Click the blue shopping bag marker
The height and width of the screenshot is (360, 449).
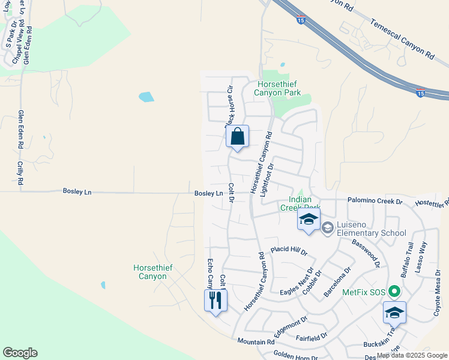pos(238,136)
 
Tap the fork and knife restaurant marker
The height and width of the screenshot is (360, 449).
pos(216,299)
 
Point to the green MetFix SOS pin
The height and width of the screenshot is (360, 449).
pos(394,292)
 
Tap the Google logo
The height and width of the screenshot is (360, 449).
pos(20,353)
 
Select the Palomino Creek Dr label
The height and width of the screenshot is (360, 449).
pos(375,201)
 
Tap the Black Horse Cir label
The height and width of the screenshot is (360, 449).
pos(229,106)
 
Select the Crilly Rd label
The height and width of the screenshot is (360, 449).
pos(20,172)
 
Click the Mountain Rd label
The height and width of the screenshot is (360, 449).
pos(256,341)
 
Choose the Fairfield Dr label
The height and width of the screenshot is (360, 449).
pos(312,337)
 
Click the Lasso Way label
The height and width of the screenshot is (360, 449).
pos(424,254)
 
